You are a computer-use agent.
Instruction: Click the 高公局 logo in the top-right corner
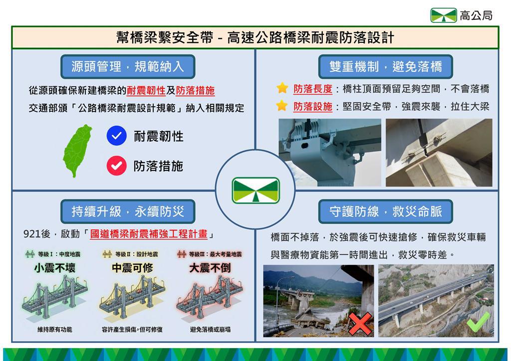pos(444,15)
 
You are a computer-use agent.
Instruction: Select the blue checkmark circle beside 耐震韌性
pos(116,136)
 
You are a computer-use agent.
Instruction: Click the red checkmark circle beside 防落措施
pos(116,166)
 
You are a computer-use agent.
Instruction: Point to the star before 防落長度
pos(282,88)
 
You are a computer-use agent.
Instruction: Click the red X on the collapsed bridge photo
pos(360,324)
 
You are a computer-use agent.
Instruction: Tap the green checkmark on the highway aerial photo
pos(479,322)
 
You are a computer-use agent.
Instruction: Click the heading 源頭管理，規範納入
pos(128,67)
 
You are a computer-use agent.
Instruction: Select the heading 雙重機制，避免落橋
pos(386,67)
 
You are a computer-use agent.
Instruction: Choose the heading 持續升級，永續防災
pos(128,211)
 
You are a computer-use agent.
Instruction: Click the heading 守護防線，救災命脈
pos(386,211)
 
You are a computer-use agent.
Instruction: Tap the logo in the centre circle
pos(256,190)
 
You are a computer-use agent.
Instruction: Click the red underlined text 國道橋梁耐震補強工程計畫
pos(149,234)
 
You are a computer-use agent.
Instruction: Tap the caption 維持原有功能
pos(55,330)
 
